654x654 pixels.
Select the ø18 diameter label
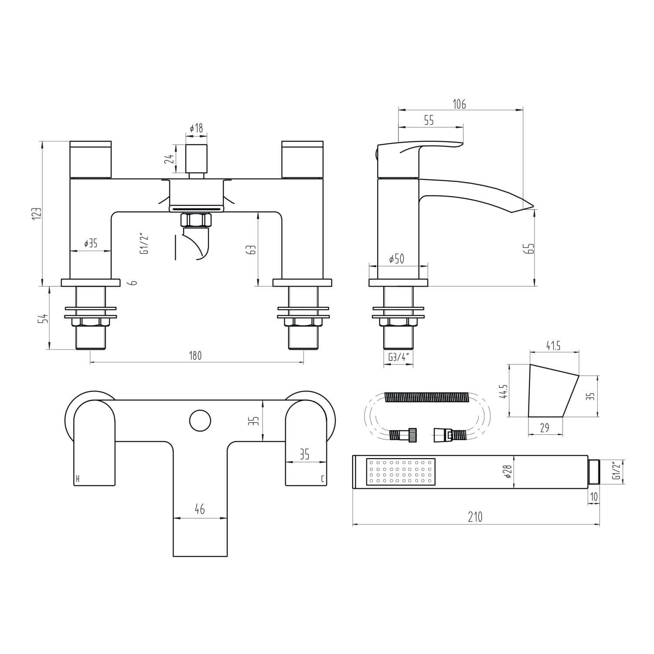pyautogui.click(x=196, y=128)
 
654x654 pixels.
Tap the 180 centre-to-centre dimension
pyautogui.click(x=196, y=356)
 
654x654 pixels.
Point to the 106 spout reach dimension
pyautogui.click(x=460, y=104)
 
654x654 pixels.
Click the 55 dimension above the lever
pyautogui.click(x=429, y=120)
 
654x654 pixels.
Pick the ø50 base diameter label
pyautogui.click(x=396, y=259)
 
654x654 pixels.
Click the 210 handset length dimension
pyautogui.click(x=475, y=517)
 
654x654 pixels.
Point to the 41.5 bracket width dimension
pyautogui.click(x=553, y=346)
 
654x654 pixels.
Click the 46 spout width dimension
pyautogui.click(x=200, y=509)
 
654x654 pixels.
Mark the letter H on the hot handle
pyautogui.click(x=78, y=479)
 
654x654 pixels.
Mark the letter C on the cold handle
pyautogui.click(x=322, y=479)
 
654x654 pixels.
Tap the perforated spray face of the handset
pyautogui.click(x=401, y=472)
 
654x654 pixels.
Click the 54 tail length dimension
pyautogui.click(x=43, y=318)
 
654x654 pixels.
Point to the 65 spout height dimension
pyautogui.click(x=530, y=248)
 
